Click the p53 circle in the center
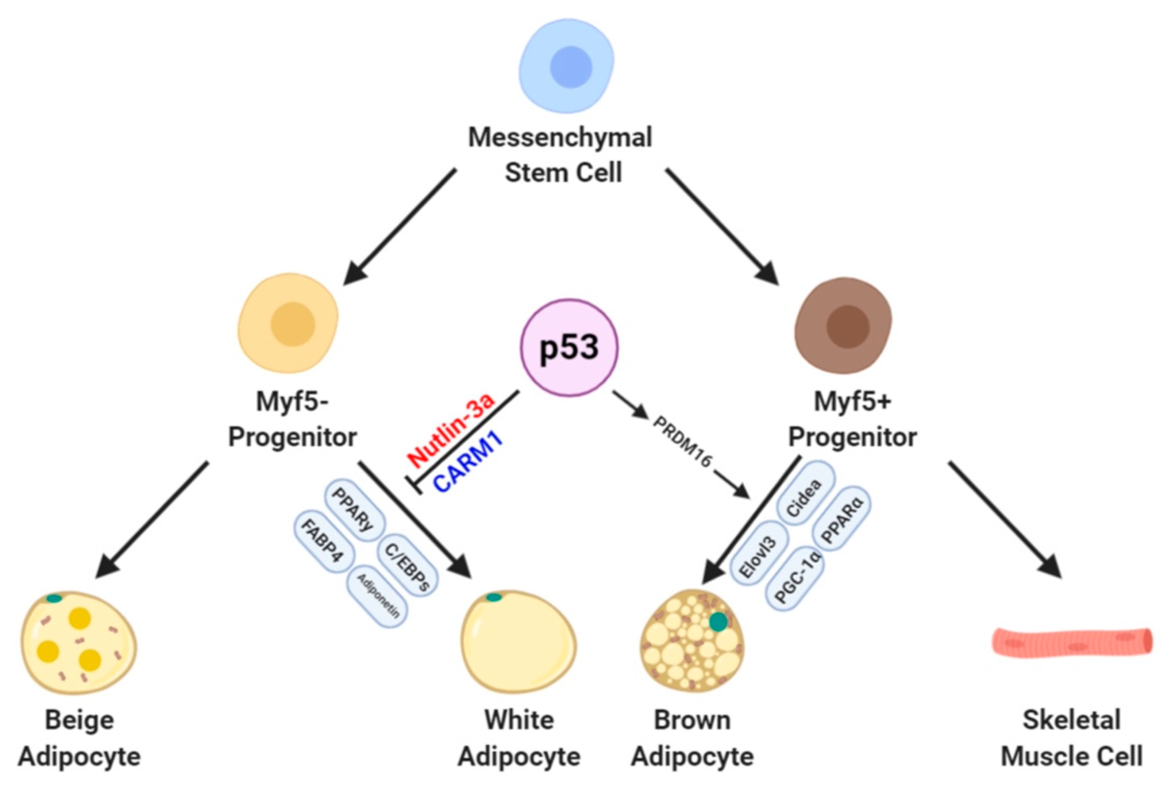click(569, 347)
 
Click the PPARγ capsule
click(355, 511)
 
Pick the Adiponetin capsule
click(377, 597)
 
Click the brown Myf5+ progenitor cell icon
click(843, 325)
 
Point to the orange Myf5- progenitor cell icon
click(288, 323)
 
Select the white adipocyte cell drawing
click(519, 641)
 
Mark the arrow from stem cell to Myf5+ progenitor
click(721, 226)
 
